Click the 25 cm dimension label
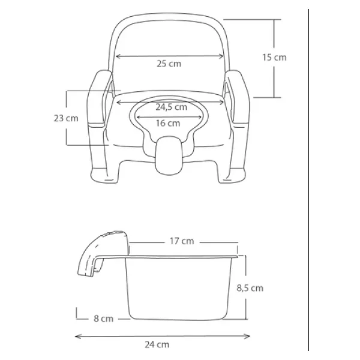point(169,64)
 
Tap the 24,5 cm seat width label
point(171,107)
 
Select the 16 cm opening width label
point(168,123)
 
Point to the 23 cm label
point(66,118)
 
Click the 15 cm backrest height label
point(274,58)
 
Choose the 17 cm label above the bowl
point(182,241)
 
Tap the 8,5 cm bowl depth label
point(250,288)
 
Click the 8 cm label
point(104,319)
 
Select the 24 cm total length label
point(157,344)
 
